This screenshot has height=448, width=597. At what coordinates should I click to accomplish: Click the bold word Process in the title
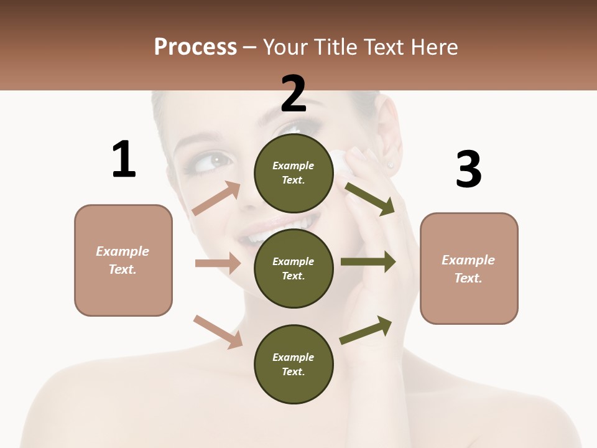pos(195,47)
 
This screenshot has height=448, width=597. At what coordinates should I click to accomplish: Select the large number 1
pos(124,159)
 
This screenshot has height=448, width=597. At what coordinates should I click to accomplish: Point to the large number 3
pos(468,169)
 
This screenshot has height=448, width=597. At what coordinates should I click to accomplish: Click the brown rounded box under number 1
pos(123,260)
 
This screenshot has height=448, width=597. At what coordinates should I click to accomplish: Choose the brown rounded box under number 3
pos(469,268)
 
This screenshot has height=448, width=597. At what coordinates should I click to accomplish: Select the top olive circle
pos(294,172)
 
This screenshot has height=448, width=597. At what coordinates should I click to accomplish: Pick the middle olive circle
pos(294,268)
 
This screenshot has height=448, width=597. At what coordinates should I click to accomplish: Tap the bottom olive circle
pos(294,364)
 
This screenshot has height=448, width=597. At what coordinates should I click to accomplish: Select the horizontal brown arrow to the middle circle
pos(218,263)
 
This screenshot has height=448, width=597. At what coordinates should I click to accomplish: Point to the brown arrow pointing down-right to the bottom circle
pos(218,332)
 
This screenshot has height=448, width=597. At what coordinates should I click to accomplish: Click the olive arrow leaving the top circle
pos(369,198)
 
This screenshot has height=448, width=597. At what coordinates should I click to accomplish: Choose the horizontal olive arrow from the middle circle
pos(368,261)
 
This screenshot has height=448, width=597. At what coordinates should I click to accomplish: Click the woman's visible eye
pos(220,160)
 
